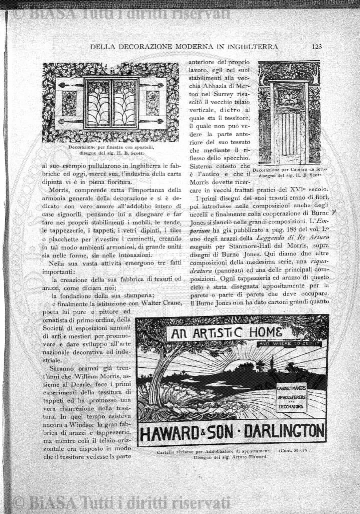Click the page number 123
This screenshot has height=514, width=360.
coord(315,46)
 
